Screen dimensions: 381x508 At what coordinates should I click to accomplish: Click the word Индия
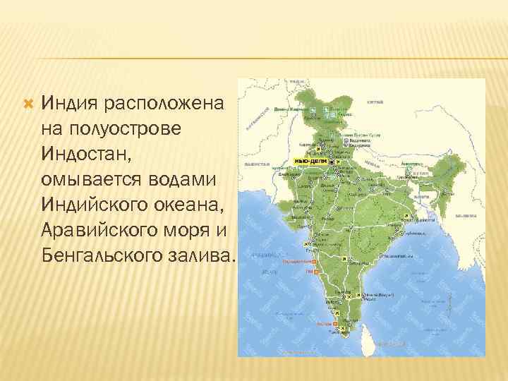[70, 104]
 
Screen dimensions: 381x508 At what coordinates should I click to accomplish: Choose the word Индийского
[96, 205]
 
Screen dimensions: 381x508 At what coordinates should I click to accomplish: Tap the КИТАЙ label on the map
[375, 102]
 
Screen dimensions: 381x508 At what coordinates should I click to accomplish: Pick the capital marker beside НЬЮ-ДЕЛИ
[332, 162]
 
